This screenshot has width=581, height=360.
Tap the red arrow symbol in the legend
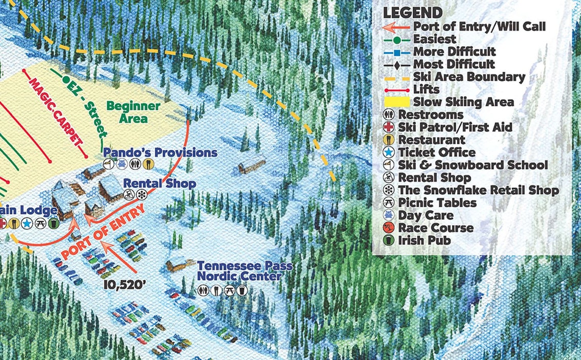pyautogui.click(x=396, y=27)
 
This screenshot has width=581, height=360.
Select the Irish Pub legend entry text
pyautogui.click(x=424, y=240)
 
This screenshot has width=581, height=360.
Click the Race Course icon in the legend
pyautogui.click(x=390, y=228)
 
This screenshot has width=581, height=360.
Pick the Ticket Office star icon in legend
pyautogui.click(x=390, y=152)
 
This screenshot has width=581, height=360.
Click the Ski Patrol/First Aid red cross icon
pyautogui.click(x=390, y=127)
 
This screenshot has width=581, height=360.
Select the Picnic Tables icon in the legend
pyautogui.click(x=390, y=202)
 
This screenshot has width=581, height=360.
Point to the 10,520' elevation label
pyautogui.click(x=125, y=284)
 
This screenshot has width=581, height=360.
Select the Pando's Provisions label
pyautogui.click(x=160, y=152)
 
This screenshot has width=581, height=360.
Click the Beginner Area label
pyautogui.click(x=133, y=112)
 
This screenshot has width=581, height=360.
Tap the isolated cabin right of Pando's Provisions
pyautogui.click(x=252, y=165)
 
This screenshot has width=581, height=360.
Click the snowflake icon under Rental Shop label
pyautogui.click(x=142, y=195)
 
